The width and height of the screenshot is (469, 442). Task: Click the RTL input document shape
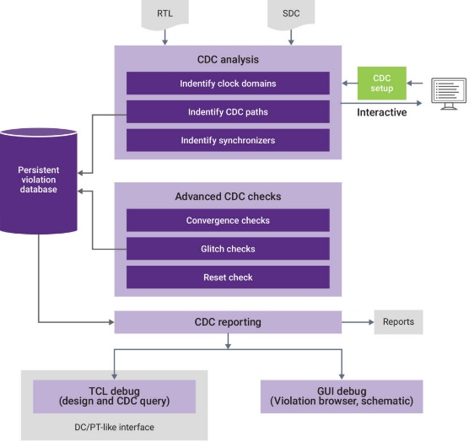pyautogui.click(x=164, y=14)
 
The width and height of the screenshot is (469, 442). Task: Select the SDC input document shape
pyautogui.click(x=291, y=14)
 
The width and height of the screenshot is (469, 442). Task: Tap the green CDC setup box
pyautogui.click(x=382, y=84)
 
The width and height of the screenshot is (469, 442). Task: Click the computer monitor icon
pyautogui.click(x=449, y=94)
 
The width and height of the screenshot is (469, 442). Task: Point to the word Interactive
pyautogui.click(x=382, y=112)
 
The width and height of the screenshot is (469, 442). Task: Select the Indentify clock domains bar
pyautogui.click(x=228, y=84)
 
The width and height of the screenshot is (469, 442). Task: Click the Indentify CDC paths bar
pyautogui.click(x=228, y=111)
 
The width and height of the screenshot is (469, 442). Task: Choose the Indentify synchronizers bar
pyautogui.click(x=228, y=140)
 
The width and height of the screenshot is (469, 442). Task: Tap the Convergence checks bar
pyautogui.click(x=228, y=220)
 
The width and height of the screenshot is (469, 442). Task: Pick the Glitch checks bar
pyautogui.click(x=228, y=249)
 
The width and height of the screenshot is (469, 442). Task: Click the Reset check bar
pyautogui.click(x=228, y=278)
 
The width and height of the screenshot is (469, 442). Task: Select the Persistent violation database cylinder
pyautogui.click(x=39, y=181)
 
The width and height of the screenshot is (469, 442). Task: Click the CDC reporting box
pyautogui.click(x=228, y=322)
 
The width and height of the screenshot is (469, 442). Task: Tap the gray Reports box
pyautogui.click(x=398, y=321)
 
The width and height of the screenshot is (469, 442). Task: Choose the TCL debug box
pyautogui.click(x=114, y=396)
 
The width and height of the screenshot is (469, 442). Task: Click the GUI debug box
pyautogui.click(x=342, y=396)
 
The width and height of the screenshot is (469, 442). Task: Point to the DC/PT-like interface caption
pyautogui.click(x=114, y=427)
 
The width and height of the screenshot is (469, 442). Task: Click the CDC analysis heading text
pyautogui.click(x=228, y=60)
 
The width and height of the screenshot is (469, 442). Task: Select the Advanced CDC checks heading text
pyautogui.click(x=228, y=197)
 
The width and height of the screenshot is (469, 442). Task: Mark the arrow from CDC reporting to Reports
pyautogui.click(x=358, y=322)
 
